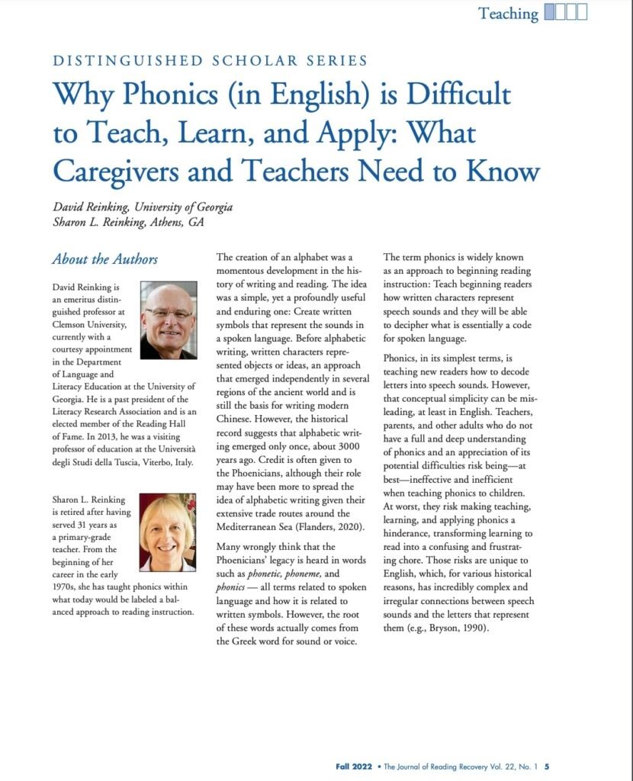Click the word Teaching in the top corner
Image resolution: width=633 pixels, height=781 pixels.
(x=508, y=13)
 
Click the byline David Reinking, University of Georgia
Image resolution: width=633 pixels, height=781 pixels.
(x=143, y=207)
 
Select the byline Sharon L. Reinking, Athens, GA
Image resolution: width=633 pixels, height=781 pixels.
(x=128, y=222)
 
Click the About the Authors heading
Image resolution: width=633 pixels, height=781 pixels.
(x=105, y=259)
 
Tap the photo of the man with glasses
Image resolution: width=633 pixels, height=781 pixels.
(x=168, y=320)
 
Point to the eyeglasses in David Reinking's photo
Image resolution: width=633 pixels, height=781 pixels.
(x=169, y=312)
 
